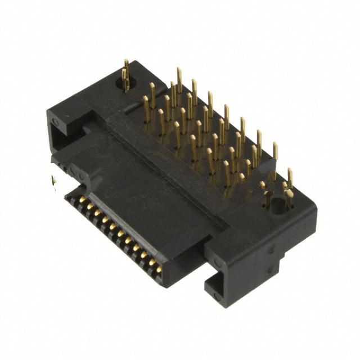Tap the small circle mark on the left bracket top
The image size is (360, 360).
(x=55, y=121)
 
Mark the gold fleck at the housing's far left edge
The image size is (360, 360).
(x=54, y=181)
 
